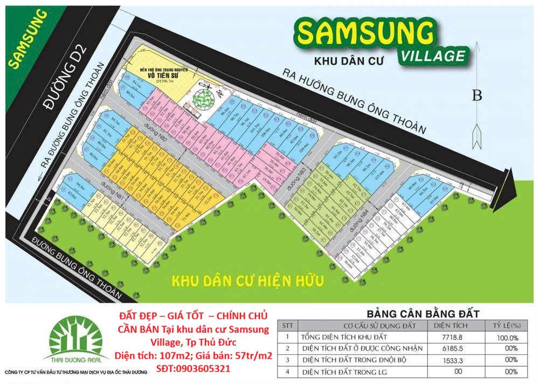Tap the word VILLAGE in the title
[432, 56]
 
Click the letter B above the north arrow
[476, 96]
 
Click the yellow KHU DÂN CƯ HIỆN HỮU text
[247, 281]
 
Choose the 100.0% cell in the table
[507, 337]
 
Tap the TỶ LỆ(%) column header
[507, 326]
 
